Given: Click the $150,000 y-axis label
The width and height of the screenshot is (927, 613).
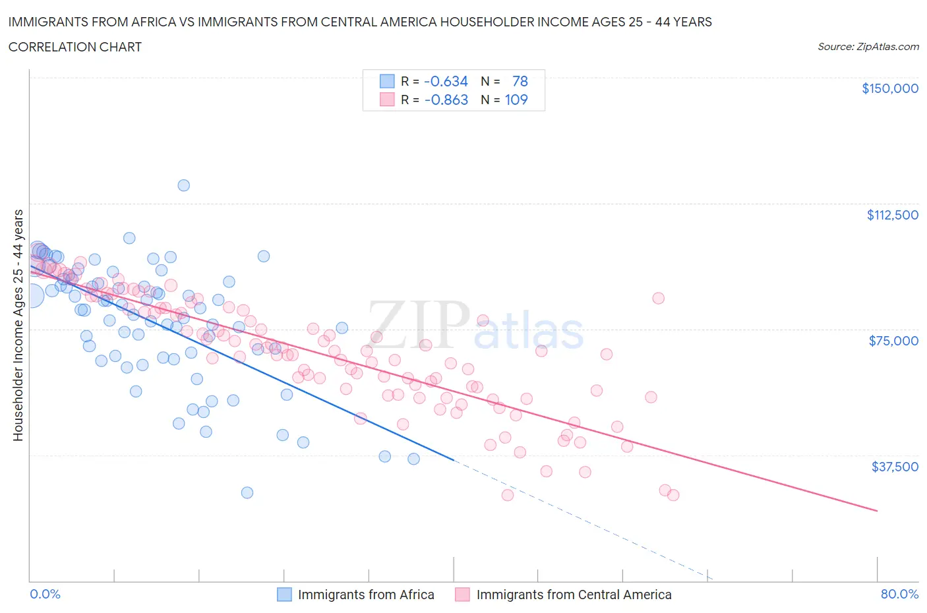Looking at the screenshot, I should click(x=889, y=88).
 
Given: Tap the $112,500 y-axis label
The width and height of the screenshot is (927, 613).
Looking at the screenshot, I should click(x=892, y=215).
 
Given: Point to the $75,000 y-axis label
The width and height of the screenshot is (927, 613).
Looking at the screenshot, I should click(x=893, y=341).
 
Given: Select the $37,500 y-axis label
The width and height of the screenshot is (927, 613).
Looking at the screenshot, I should click(x=894, y=467).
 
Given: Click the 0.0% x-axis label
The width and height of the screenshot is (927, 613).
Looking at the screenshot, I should click(x=45, y=594).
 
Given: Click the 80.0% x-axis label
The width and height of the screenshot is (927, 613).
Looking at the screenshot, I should click(x=899, y=594).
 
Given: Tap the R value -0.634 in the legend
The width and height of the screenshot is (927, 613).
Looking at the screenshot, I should click(x=446, y=81).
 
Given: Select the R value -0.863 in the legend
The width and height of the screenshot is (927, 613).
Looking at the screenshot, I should click(x=446, y=100).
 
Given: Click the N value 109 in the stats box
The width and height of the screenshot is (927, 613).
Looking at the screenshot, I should click(x=516, y=100).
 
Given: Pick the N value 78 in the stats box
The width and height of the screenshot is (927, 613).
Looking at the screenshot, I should click(x=520, y=81).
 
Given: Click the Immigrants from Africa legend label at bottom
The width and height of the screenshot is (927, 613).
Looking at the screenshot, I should click(x=366, y=595).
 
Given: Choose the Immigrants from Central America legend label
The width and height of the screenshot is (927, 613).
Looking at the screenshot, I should click(x=574, y=595).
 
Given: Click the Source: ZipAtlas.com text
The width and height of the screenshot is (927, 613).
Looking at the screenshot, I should click(x=868, y=46).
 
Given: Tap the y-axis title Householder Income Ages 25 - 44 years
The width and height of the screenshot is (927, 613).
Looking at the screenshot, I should click(x=18, y=325).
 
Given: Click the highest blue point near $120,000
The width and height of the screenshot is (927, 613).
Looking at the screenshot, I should click(x=184, y=185).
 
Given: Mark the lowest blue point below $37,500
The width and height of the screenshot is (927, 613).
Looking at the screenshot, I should click(x=247, y=492).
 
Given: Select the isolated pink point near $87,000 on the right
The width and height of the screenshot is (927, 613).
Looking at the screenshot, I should click(x=658, y=298).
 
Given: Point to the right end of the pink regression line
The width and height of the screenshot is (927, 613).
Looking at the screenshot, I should click(x=877, y=511).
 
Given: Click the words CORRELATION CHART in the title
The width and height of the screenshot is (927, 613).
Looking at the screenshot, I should click(x=75, y=47).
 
